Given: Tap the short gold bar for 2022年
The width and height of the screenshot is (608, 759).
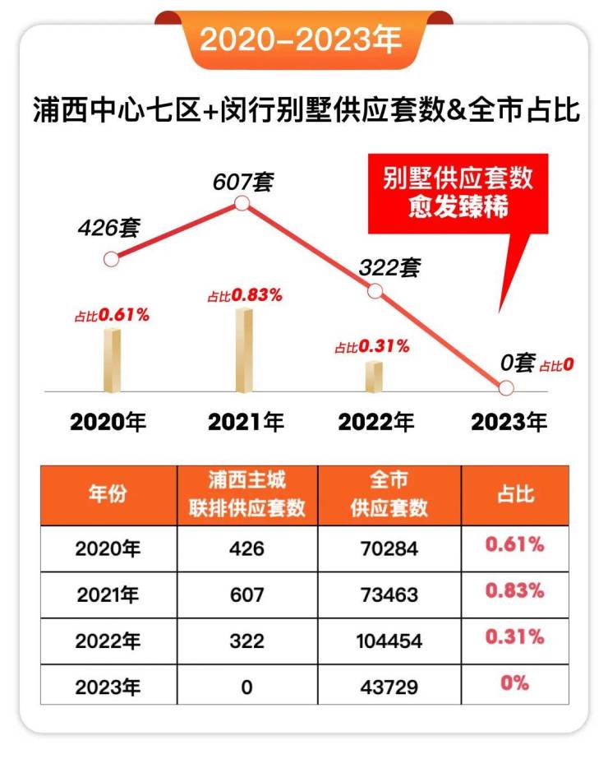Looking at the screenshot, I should tap(374, 376).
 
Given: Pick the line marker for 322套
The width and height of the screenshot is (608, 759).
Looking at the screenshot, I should tap(375, 290).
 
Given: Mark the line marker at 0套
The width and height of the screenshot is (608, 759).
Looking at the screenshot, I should tap(506, 388).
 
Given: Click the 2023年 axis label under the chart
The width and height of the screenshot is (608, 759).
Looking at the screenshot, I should tap(509, 423).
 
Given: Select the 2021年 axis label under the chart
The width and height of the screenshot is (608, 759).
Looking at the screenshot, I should tap(246, 423).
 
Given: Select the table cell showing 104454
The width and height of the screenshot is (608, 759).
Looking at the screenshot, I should tap(389, 638).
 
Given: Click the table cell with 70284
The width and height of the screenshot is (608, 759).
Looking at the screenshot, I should tap(389, 548).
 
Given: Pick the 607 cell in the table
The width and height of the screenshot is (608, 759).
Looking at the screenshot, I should tap(246, 593).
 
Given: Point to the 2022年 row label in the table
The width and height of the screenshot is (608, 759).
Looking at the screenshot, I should tap(108, 638).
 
